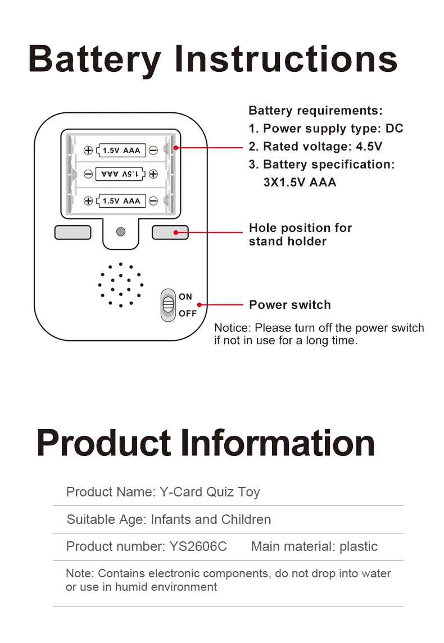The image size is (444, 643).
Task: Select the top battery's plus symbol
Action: [x=88, y=150]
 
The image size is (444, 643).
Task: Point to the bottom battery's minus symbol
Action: [x=153, y=200]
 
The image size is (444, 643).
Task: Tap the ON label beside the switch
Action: [x=185, y=297]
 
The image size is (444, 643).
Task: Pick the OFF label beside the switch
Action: [x=188, y=313]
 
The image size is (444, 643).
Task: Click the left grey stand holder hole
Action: [x=73, y=232]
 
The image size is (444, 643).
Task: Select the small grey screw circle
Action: [x=120, y=231]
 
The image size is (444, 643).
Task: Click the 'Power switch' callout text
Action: [x=290, y=305]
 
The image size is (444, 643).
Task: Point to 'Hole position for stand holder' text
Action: [x=300, y=235]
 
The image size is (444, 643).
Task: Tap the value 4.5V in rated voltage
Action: [x=369, y=147]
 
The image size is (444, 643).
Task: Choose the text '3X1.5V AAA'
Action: [x=300, y=183]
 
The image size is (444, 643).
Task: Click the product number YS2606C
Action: [x=198, y=546]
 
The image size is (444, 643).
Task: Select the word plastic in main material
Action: [x=359, y=546]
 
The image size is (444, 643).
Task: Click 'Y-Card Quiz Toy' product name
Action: [x=210, y=492]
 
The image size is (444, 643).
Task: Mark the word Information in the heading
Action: [x=280, y=443]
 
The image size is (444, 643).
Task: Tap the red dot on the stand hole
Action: [x=176, y=232]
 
